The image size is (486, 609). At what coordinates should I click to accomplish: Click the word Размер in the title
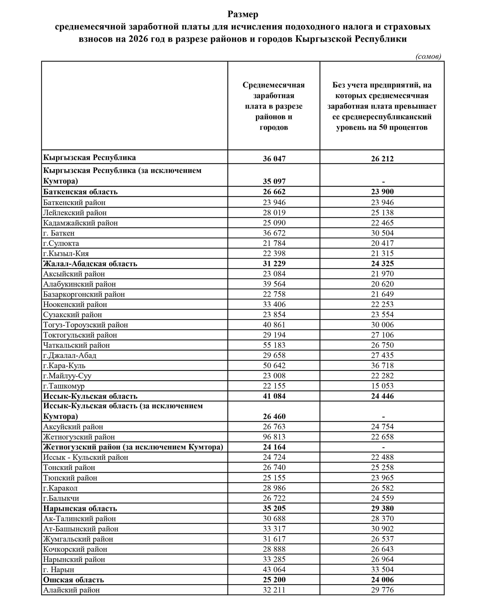click(x=243, y=14)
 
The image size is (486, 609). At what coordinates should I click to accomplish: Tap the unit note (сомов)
click(x=428, y=56)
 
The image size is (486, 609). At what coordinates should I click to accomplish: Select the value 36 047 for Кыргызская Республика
click(x=274, y=158)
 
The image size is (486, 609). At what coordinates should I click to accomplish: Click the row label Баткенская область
click(x=80, y=192)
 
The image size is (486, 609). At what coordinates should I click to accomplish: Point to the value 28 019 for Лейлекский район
click(x=274, y=212)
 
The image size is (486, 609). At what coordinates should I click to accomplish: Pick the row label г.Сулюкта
click(x=61, y=243)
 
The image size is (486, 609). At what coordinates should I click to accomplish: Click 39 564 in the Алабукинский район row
click(x=274, y=284)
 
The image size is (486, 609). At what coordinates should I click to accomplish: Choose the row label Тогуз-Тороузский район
click(x=85, y=325)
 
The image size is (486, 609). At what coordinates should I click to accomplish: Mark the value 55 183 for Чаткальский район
click(x=274, y=345)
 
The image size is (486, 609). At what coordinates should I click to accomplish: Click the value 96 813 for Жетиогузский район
click(x=274, y=437)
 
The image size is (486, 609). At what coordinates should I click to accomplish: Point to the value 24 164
click(x=274, y=447)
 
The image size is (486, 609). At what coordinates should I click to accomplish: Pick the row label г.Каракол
click(x=60, y=488)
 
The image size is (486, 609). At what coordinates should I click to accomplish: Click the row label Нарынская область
click(x=80, y=508)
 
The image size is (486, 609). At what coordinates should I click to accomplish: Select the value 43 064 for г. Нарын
click(x=274, y=569)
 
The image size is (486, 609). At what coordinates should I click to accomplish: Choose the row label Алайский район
click(x=71, y=590)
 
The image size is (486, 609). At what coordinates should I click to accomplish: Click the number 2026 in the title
click(x=138, y=39)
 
